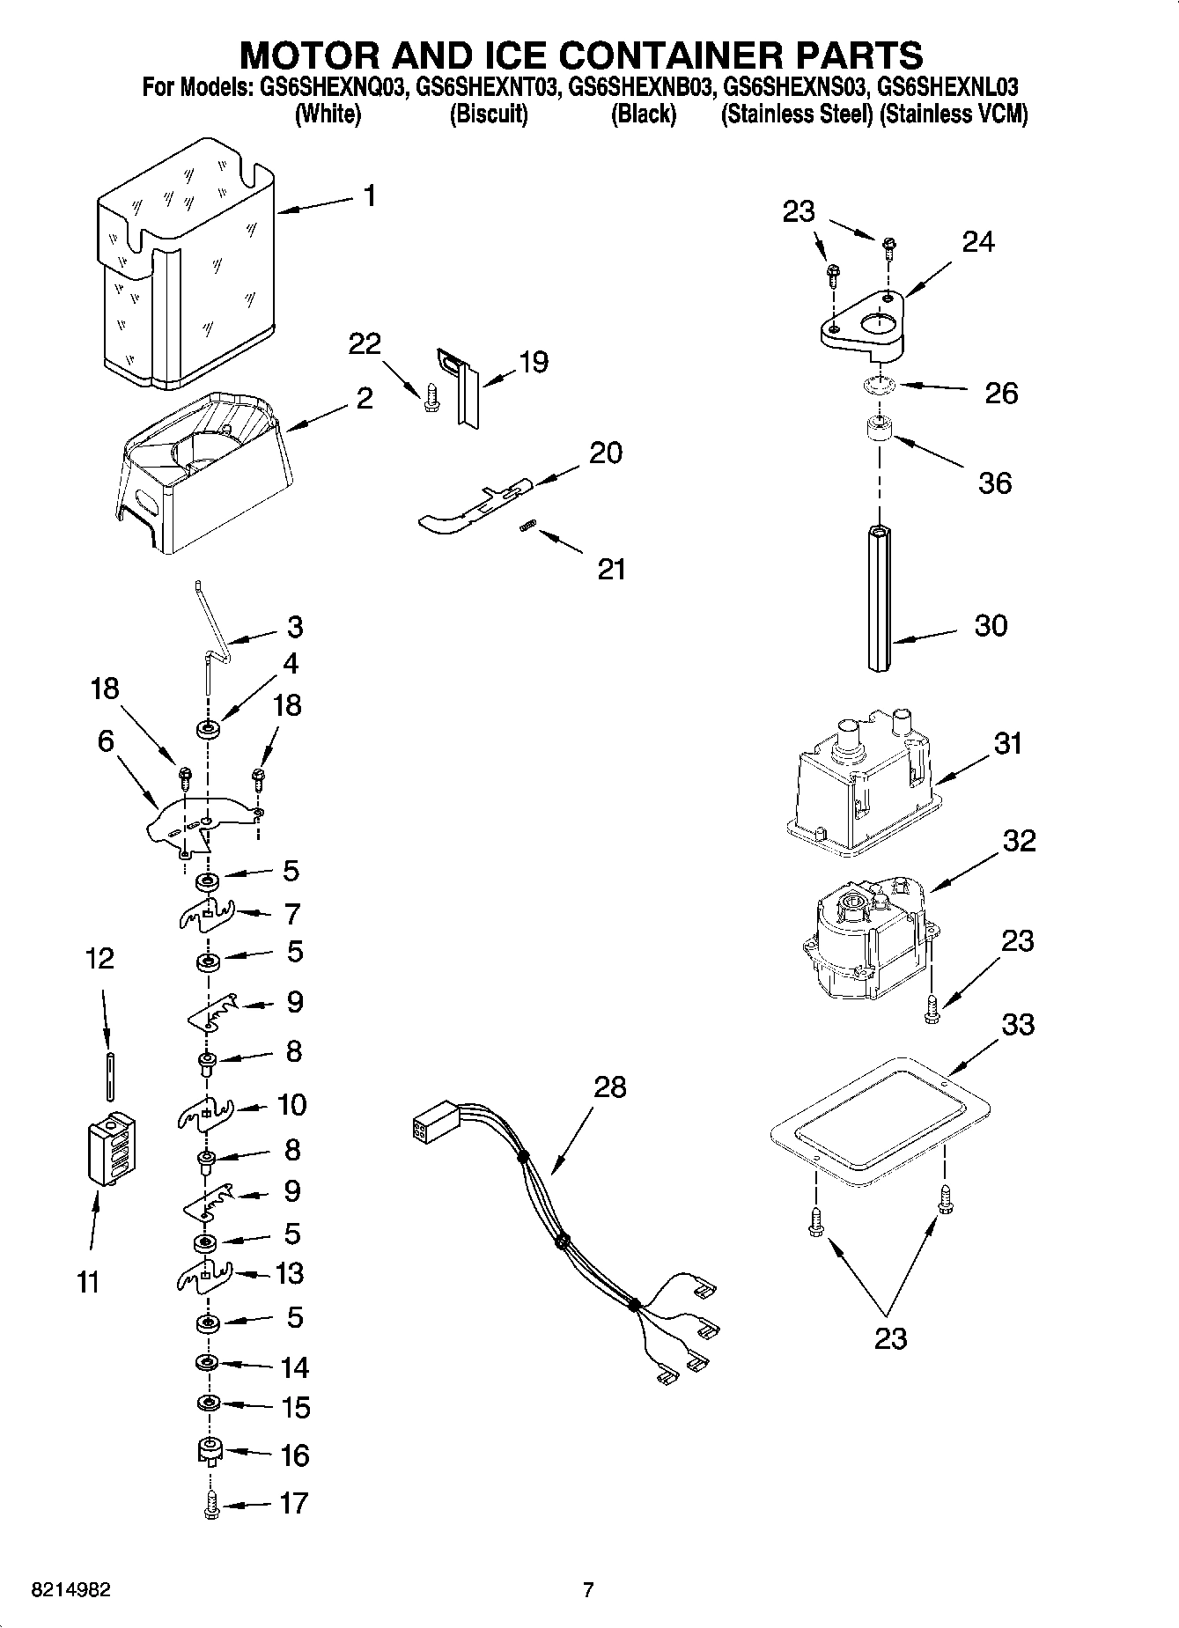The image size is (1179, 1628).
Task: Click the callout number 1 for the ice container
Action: click(x=370, y=195)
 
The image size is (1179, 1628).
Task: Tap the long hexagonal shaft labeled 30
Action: click(x=879, y=599)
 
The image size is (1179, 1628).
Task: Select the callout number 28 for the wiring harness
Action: click(x=609, y=1087)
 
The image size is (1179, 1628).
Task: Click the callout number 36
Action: click(x=995, y=483)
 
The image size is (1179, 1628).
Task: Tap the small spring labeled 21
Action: click(x=526, y=526)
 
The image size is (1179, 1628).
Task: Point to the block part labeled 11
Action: click(x=112, y=1150)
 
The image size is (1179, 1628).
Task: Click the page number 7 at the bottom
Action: click(x=589, y=1589)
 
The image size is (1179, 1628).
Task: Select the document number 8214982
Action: click(x=70, y=1589)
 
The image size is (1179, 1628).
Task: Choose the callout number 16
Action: click(x=294, y=1455)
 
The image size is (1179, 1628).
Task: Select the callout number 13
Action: click(x=290, y=1273)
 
